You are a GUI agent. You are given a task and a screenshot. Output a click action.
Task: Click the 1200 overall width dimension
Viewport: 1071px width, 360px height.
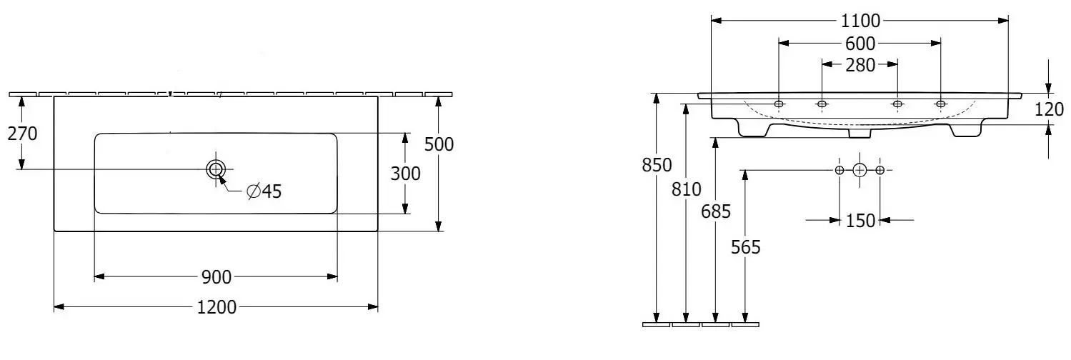pyautogui.click(x=216, y=307)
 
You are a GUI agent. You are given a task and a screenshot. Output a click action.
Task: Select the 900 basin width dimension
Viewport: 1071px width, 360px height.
pyautogui.click(x=216, y=277)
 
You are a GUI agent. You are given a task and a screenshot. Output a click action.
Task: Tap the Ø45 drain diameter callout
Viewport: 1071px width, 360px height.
pyautogui.click(x=264, y=191)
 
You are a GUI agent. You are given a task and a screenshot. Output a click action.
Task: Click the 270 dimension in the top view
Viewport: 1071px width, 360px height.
pyautogui.click(x=22, y=134)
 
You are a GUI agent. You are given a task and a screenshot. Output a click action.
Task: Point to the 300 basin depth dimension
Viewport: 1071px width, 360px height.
pyautogui.click(x=405, y=174)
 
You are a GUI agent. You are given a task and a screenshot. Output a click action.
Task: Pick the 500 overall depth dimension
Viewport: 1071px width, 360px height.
pyautogui.click(x=439, y=144)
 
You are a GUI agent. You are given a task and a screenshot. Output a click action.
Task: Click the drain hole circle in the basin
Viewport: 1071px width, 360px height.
pyautogui.click(x=216, y=169)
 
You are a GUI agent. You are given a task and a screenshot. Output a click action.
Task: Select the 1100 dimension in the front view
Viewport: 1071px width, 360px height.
pyautogui.click(x=860, y=21)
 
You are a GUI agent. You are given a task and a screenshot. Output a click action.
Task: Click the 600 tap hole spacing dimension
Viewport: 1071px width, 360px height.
pyautogui.click(x=860, y=44)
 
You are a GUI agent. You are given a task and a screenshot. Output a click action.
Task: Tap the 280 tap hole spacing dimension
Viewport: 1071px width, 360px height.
pyautogui.click(x=860, y=65)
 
